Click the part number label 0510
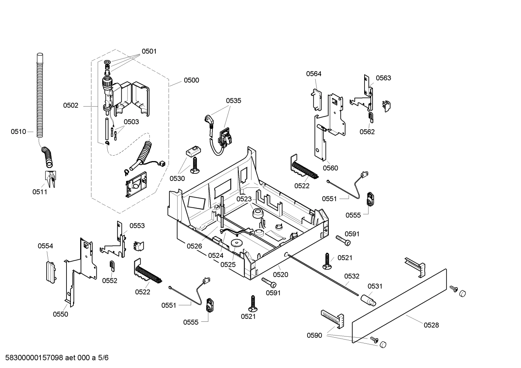[x=18, y=132]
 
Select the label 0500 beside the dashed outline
[x=191, y=80]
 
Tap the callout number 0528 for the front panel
[x=431, y=325]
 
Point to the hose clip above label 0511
[x=50, y=179]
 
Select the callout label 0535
[x=233, y=101]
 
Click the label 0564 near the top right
[x=314, y=74]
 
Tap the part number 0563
[x=383, y=78]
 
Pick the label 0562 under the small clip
[x=367, y=132]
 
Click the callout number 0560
[x=330, y=168]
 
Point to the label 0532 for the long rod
[x=352, y=276]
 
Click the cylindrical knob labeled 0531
[x=367, y=300]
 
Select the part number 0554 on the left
[x=45, y=246]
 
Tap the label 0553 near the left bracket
[x=137, y=226]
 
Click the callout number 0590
[x=314, y=335]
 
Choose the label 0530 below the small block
[x=177, y=178]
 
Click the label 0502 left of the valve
[x=70, y=105]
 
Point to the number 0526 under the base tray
[x=194, y=246]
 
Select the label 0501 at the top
[x=149, y=51]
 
